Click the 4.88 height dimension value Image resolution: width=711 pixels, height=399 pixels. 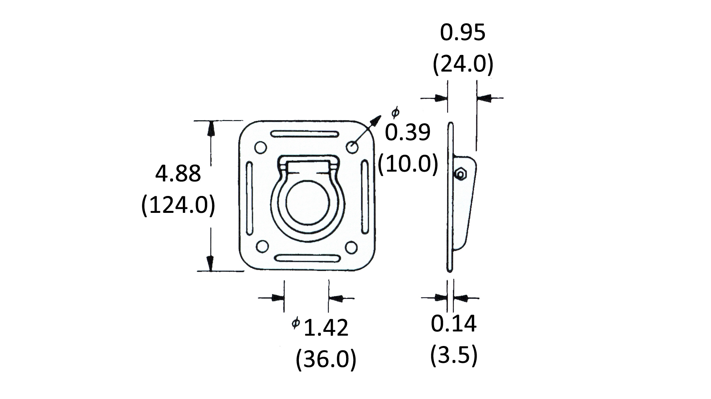pyautogui.click(x=178, y=174)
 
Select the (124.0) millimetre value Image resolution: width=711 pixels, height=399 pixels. pyautogui.click(x=178, y=205)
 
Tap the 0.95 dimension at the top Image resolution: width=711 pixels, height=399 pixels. pyautogui.click(x=462, y=33)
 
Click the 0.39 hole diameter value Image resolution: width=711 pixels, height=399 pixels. pyautogui.click(x=407, y=132)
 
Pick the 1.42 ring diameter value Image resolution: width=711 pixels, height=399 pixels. pyautogui.click(x=326, y=328)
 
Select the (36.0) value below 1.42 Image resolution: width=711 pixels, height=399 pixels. pyautogui.click(x=326, y=359)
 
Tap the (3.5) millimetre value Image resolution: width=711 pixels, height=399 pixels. pyautogui.click(x=454, y=355)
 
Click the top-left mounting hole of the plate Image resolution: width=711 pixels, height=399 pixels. pyautogui.click(x=261, y=148)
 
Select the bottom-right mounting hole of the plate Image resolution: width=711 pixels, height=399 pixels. pyautogui.click(x=352, y=247)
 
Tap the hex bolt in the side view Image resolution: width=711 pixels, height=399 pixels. pyautogui.click(x=460, y=173)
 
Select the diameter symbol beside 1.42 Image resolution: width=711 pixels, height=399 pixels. pyautogui.click(x=296, y=323)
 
